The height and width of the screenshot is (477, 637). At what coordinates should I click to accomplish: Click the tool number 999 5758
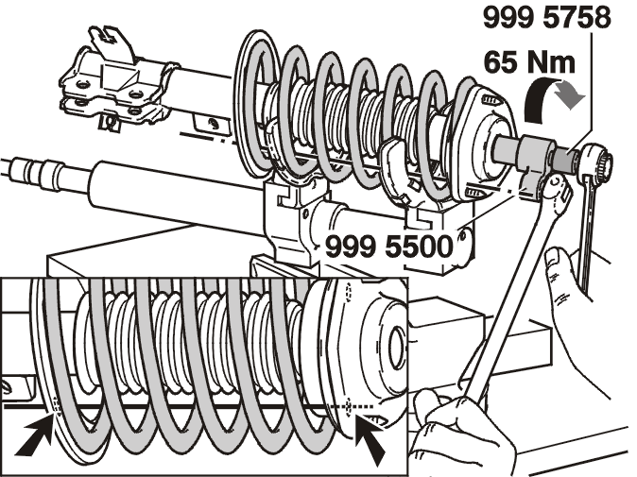coord(547,17)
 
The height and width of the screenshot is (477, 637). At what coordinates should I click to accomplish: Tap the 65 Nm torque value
coord(529,62)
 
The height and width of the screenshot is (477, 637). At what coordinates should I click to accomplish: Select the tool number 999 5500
coord(389,247)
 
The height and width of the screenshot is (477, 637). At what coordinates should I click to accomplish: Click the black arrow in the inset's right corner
coord(370,439)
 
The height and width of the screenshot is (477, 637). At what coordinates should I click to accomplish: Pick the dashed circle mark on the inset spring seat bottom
coord(348,406)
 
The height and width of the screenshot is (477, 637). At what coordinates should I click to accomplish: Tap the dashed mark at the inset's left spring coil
coord(56,405)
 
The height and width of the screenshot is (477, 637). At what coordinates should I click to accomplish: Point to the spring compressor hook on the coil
coord(395,171)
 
